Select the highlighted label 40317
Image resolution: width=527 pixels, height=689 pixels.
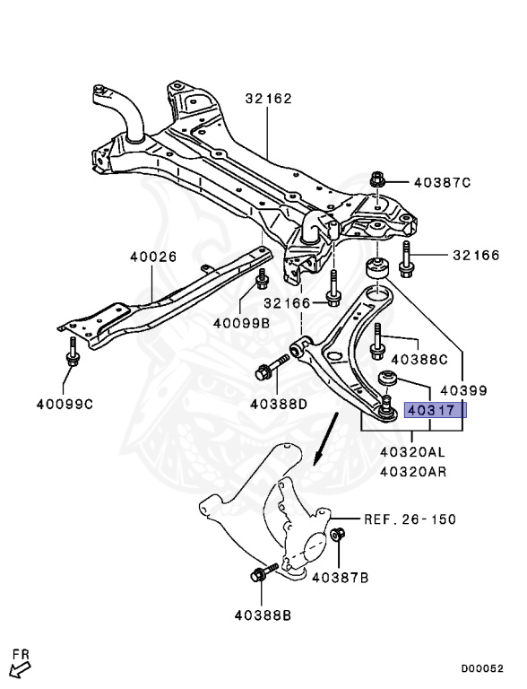click(x=435, y=411)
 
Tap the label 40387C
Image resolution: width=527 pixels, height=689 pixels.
click(x=442, y=182)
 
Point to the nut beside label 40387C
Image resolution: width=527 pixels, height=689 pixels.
click(x=377, y=182)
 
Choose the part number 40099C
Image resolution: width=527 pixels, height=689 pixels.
click(x=64, y=405)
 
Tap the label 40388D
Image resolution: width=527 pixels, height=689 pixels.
click(x=278, y=405)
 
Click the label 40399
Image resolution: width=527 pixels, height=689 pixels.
click(x=462, y=390)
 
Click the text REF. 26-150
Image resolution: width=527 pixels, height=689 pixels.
click(x=410, y=519)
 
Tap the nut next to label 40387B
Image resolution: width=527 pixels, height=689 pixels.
click(x=338, y=536)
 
